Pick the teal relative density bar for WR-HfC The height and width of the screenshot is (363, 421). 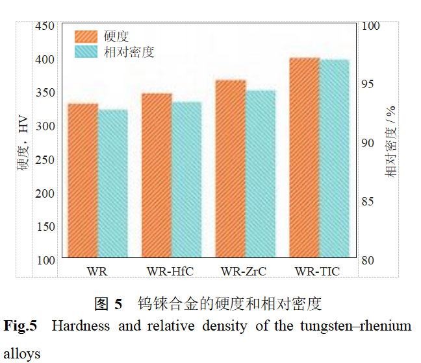(x=186, y=180)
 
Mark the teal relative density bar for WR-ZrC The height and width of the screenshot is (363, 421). (x=260, y=174)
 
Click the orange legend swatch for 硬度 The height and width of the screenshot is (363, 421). (x=86, y=36)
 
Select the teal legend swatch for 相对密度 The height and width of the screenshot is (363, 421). (x=86, y=52)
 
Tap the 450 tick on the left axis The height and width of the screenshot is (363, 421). (x=45, y=26)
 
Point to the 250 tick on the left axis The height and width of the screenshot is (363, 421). (x=45, y=159)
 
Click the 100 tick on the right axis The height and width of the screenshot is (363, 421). (x=370, y=26)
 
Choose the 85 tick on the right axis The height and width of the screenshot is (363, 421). (x=367, y=202)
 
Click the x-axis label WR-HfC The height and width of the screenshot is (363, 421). (x=170, y=271)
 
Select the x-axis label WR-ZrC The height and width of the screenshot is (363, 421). (x=244, y=271)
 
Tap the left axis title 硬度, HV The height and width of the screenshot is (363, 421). (x=24, y=144)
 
